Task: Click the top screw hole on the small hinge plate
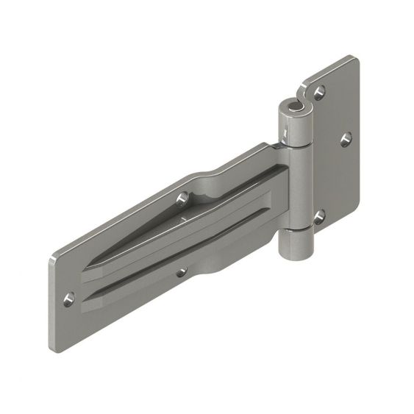[320, 91]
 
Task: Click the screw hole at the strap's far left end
[69, 299]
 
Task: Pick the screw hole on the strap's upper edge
[183, 197]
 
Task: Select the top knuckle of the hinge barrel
[293, 125]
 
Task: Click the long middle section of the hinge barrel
[297, 188]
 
